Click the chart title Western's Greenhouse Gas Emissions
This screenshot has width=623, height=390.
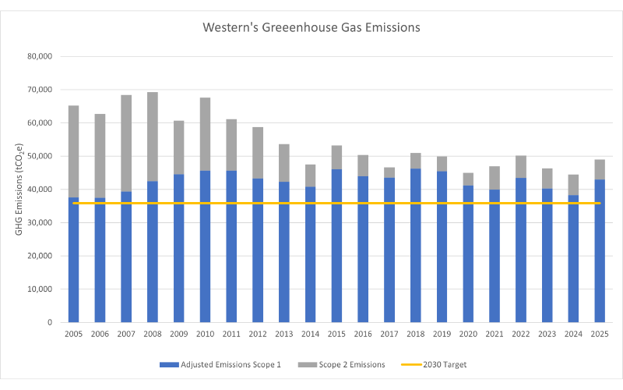coord(311,27)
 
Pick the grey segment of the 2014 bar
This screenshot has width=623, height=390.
coord(310,175)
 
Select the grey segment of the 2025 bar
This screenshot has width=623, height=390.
coord(600,170)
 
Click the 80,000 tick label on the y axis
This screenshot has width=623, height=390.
coord(39,57)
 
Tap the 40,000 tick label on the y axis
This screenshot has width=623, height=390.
coord(39,190)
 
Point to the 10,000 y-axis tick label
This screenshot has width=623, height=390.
coord(39,289)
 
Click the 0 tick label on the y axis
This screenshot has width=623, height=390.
coord(49,322)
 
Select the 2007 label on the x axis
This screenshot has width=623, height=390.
coord(126,334)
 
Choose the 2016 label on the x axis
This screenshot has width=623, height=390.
coord(363,334)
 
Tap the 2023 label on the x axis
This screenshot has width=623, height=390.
coord(547,334)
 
